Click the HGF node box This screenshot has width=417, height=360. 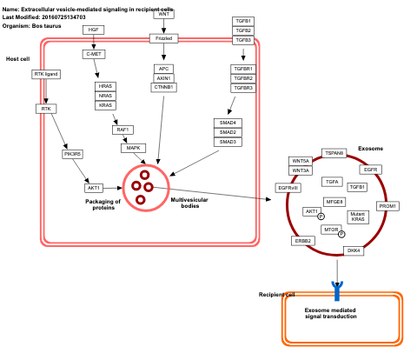[x=94, y=30]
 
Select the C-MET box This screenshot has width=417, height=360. [x=94, y=54]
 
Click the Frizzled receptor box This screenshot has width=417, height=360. [x=163, y=38]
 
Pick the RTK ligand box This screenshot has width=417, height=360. [x=45, y=74]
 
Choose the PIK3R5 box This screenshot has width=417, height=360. [x=72, y=154]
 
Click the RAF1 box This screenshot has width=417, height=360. [x=122, y=130]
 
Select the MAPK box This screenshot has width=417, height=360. [x=133, y=148]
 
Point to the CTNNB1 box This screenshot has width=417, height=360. [x=163, y=87]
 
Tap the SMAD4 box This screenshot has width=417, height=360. [x=228, y=123]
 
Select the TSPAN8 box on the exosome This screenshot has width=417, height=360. [x=334, y=153]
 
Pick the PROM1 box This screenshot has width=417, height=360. [x=387, y=206]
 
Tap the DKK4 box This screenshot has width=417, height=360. [x=353, y=250]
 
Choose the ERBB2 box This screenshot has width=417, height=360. [x=302, y=240]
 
